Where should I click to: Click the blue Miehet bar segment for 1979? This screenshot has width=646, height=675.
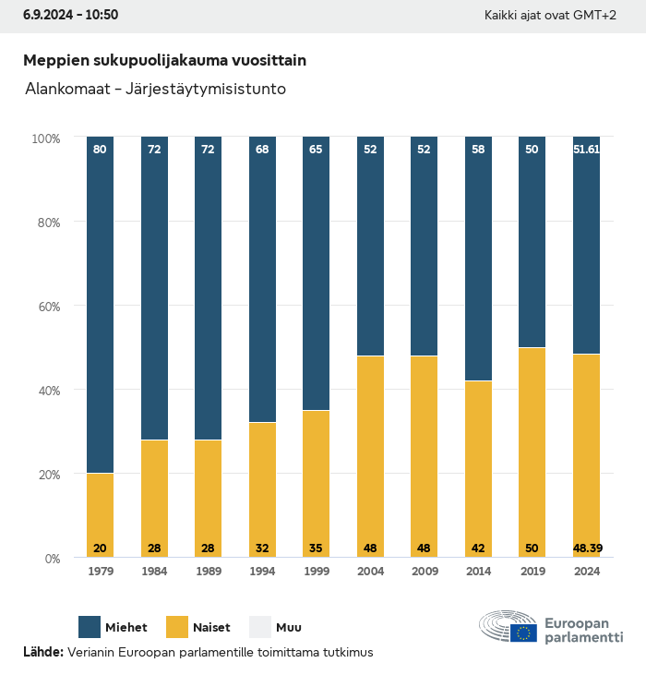(x=100, y=305)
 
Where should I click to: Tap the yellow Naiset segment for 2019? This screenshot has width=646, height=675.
(x=532, y=452)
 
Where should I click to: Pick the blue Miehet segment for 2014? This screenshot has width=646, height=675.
(x=478, y=259)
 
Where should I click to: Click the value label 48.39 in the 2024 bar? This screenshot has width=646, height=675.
(x=587, y=548)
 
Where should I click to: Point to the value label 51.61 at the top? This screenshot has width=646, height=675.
(x=587, y=149)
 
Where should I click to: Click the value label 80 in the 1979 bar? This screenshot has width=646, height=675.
(x=100, y=149)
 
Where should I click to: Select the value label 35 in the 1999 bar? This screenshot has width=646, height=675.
(x=316, y=548)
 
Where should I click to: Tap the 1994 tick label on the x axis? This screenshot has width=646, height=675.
(x=262, y=572)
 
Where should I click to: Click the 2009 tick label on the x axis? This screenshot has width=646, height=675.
(x=424, y=572)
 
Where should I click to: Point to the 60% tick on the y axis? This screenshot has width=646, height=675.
(x=46, y=307)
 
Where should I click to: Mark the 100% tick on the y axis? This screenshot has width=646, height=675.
(x=45, y=139)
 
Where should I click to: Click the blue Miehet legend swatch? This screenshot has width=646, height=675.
(x=90, y=628)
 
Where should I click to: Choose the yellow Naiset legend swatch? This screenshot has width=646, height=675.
(x=178, y=628)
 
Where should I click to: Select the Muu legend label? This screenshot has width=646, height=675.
(x=288, y=628)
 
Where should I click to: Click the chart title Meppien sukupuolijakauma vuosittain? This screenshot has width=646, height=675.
(x=164, y=60)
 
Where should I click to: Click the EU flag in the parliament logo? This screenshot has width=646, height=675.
(x=525, y=633)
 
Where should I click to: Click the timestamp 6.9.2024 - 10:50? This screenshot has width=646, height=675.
(x=70, y=15)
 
